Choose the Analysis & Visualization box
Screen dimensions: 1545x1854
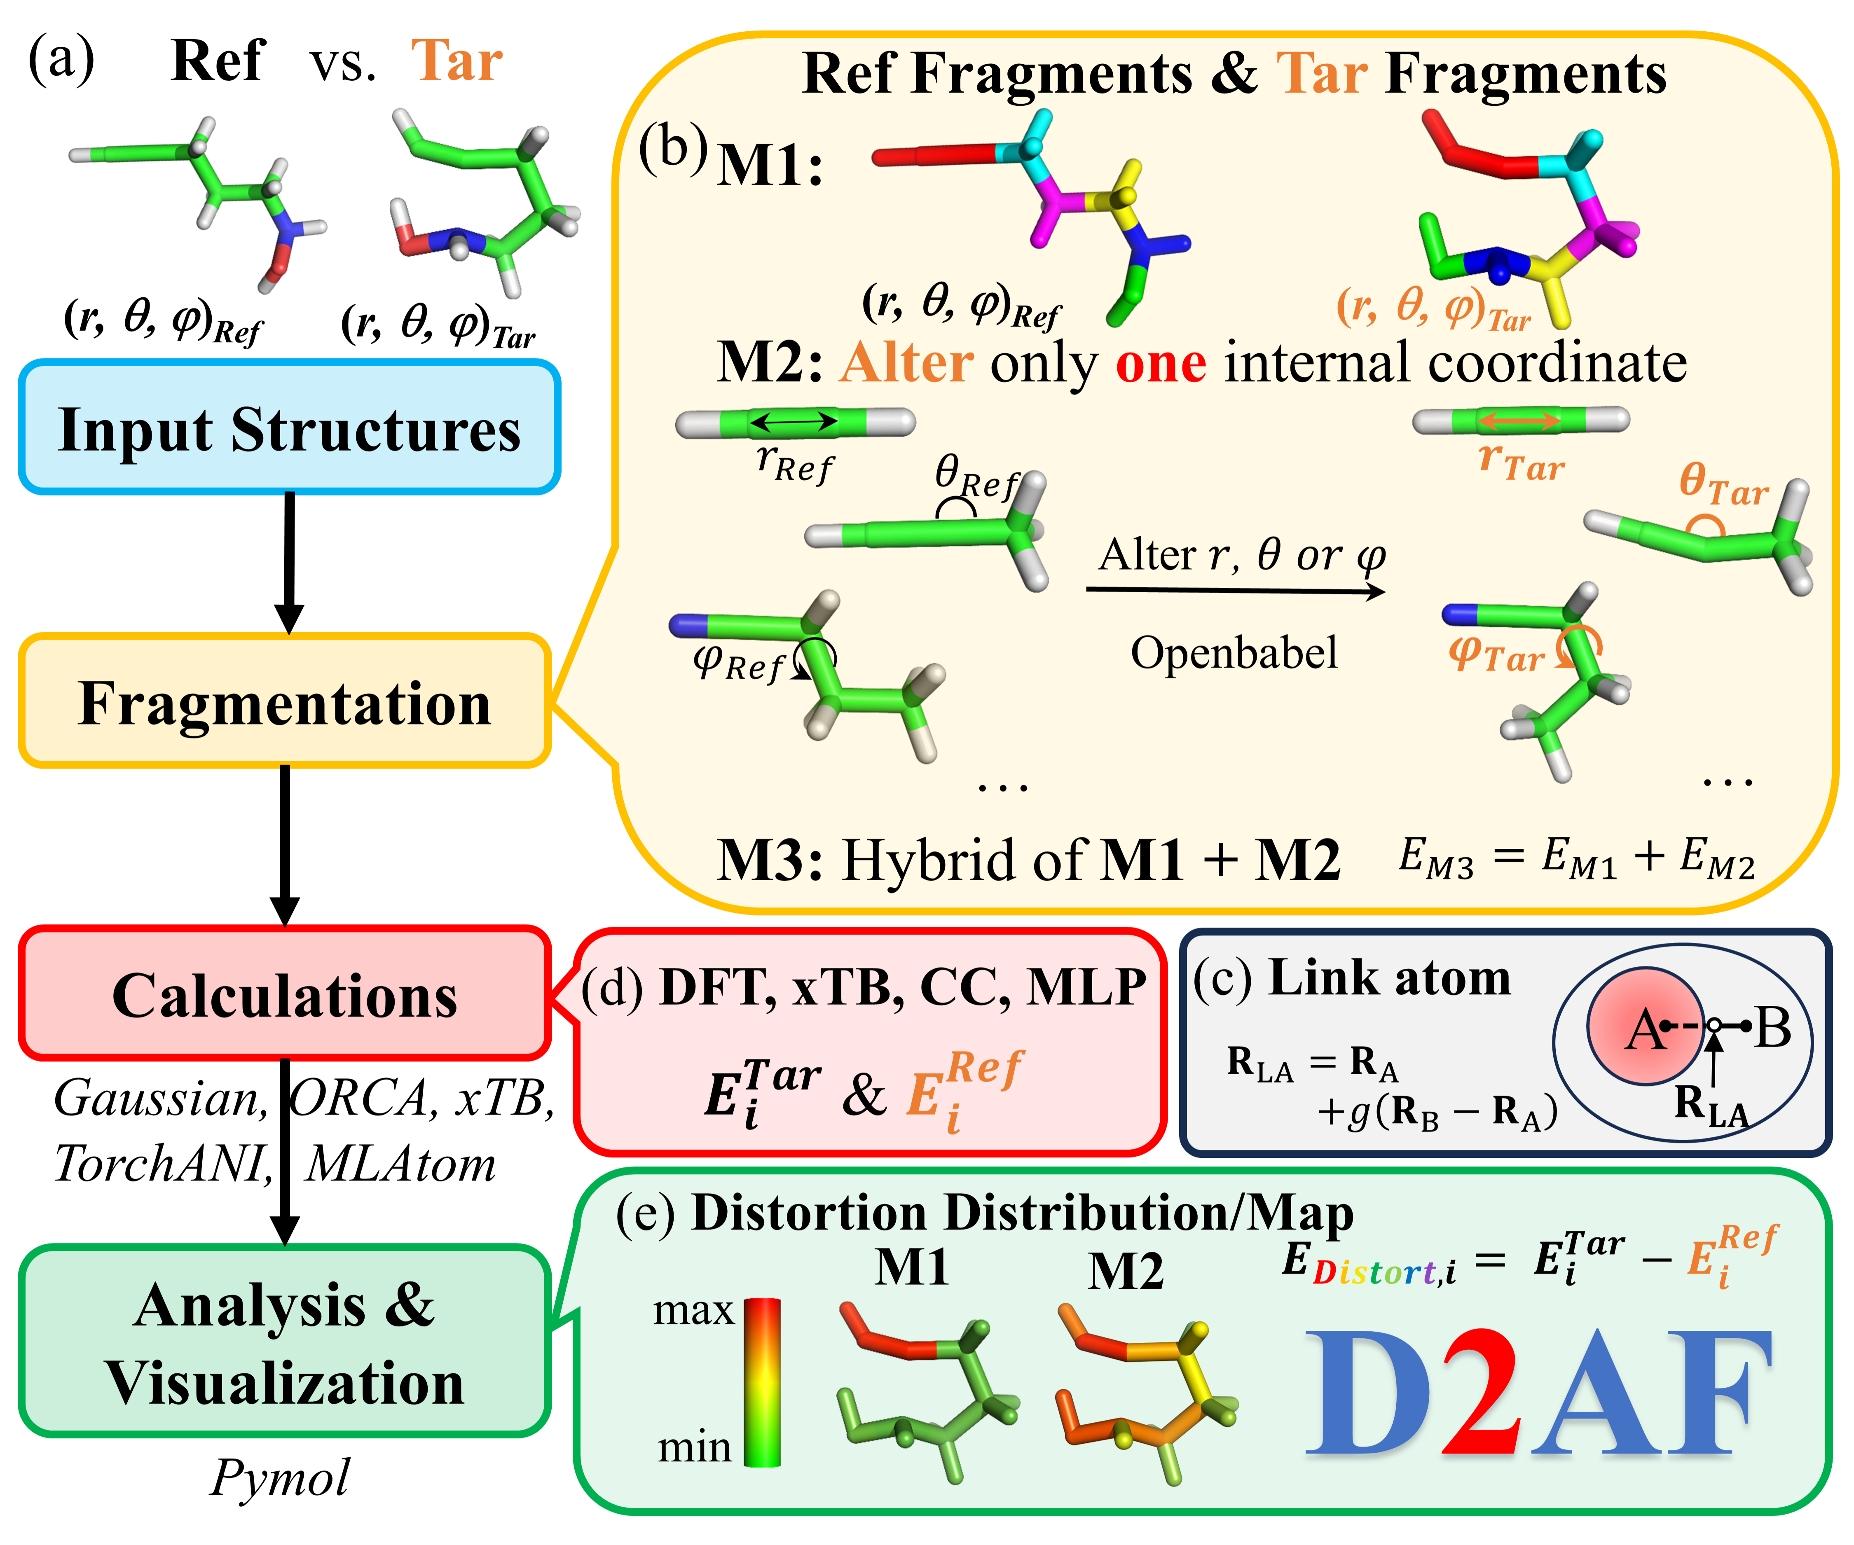pos(284,1342)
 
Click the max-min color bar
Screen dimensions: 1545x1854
pos(762,1381)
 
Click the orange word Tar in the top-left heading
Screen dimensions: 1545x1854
pos(456,62)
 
